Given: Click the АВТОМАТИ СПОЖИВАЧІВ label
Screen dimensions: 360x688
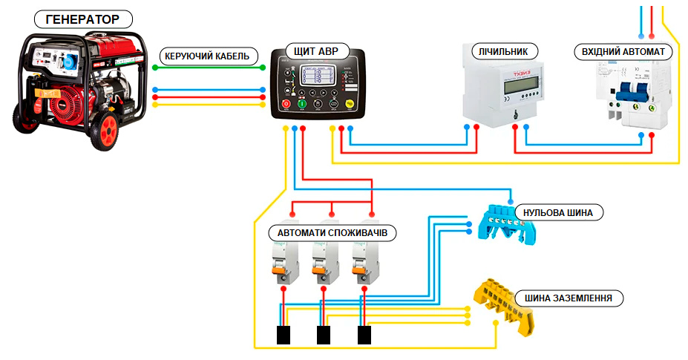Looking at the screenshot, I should [332, 233].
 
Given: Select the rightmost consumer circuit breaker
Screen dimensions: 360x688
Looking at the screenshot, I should [363, 264].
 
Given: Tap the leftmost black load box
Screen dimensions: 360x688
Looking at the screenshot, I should [283, 336].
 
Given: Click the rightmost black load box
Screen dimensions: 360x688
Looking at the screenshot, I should [364, 336].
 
